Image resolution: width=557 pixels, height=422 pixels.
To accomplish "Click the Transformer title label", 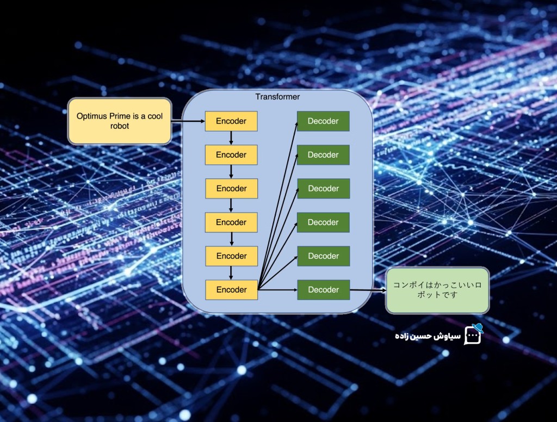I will pyautogui.click(x=277, y=97).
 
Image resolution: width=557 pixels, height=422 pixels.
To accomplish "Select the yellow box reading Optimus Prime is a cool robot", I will pyautogui.click(x=120, y=121).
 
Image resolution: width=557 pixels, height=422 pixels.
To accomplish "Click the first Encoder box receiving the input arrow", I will pyautogui.click(x=231, y=121).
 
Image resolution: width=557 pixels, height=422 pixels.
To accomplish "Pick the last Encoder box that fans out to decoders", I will pyautogui.click(x=231, y=290).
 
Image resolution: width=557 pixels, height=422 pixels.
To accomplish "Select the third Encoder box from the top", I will pyautogui.click(x=231, y=189).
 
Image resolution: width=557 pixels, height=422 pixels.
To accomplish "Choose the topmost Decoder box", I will pyautogui.click(x=323, y=121).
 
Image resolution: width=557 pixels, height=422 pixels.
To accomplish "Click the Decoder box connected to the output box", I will pyautogui.click(x=323, y=290).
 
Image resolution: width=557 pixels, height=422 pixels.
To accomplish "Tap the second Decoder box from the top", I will pyautogui.click(x=323, y=155).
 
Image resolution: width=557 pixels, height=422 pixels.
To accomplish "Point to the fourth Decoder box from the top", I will pyautogui.click(x=323, y=222).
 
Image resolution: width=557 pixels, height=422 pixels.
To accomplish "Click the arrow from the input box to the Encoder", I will pyautogui.click(x=188, y=121).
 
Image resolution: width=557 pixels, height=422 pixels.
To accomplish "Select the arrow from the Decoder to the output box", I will pyautogui.click(x=367, y=290).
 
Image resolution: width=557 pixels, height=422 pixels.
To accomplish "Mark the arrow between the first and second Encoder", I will pyautogui.click(x=231, y=138).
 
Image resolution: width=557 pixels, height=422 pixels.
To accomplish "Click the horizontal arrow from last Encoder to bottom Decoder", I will pyautogui.click(x=277, y=290).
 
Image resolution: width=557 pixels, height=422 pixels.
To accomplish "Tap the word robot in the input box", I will pyautogui.click(x=120, y=126).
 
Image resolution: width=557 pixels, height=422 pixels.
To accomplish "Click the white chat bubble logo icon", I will pyautogui.click(x=472, y=337).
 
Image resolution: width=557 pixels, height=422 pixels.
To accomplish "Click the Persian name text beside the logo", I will pyautogui.click(x=428, y=336).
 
